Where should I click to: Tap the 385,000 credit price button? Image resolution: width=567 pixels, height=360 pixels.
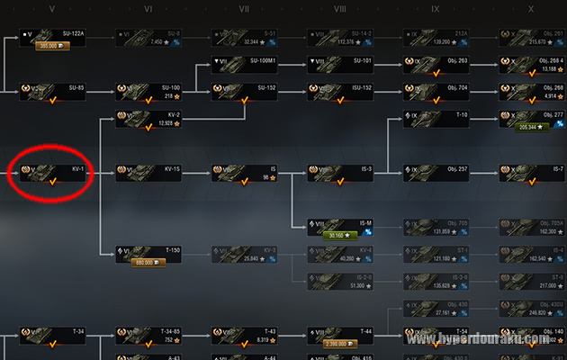tap(48, 45)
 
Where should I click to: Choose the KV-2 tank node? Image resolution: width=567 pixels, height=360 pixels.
tap(148, 118)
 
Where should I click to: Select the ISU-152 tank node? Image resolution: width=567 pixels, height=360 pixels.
tap(340, 90)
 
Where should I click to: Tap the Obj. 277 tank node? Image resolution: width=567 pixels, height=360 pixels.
tap(533, 118)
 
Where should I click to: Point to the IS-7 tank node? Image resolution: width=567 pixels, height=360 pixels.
tap(533, 171)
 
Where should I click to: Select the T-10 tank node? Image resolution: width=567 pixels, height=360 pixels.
tap(437, 118)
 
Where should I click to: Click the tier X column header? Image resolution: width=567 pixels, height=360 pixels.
tap(531, 8)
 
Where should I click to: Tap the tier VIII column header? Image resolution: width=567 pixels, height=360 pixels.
tap(339, 8)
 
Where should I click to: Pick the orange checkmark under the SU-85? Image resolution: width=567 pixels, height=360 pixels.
tap(52, 98)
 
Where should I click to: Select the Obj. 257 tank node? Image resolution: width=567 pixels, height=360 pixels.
tap(437, 171)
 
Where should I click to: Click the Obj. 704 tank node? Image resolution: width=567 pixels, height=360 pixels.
tap(437, 90)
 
